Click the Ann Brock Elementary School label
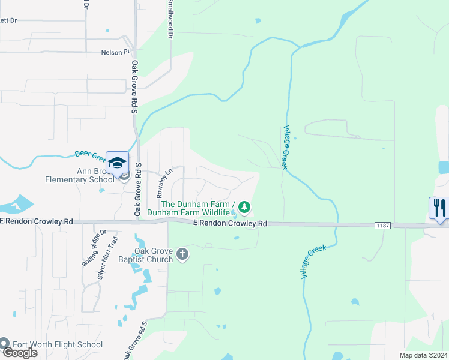79,175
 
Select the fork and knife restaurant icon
439,209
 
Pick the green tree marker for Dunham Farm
244,208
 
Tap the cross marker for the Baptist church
183,255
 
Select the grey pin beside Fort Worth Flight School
4,344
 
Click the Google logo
20,353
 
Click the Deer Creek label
90,155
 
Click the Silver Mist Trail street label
109,259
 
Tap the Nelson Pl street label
116,52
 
